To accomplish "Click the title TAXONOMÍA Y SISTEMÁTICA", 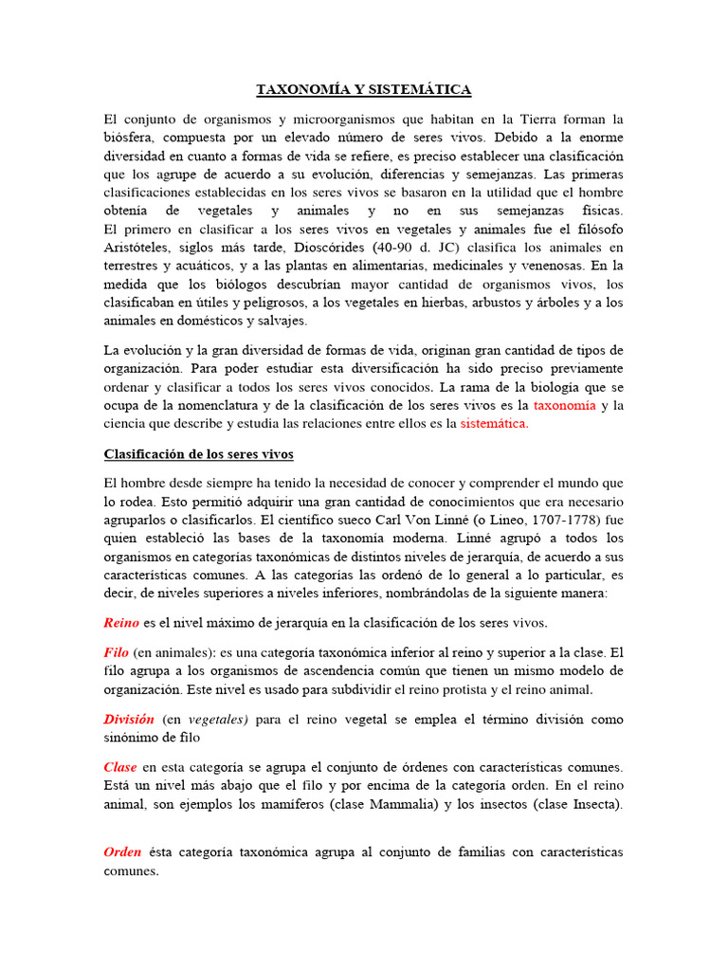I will tap(364, 90).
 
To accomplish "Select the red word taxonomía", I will tap(565, 405).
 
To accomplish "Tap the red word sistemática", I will tap(494, 424).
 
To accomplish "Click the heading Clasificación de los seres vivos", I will tap(199, 454).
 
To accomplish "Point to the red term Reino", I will tap(120, 623).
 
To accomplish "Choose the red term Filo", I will tap(116, 652).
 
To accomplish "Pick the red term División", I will tap(129, 720).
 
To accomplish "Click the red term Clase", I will tap(120, 766).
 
